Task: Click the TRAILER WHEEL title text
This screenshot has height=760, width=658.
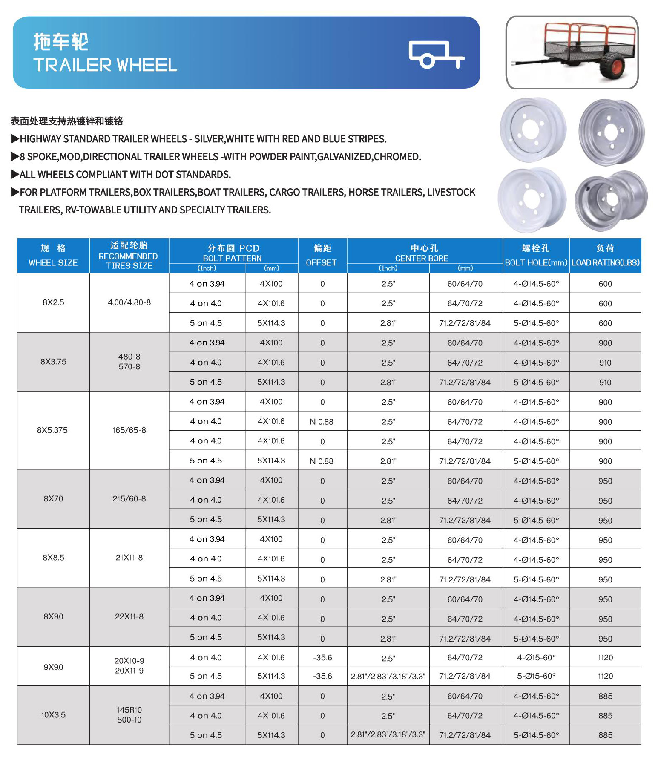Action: [x=105, y=65]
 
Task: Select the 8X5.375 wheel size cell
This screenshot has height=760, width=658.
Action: [x=52, y=430]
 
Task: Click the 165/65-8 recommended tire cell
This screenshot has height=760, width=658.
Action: [x=129, y=430]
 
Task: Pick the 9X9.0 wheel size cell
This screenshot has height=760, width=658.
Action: [x=53, y=667]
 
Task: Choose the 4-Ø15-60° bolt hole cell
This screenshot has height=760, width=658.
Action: [x=536, y=658]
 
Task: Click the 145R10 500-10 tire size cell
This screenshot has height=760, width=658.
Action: [x=129, y=715]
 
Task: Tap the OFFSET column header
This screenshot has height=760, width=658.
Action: [x=322, y=256]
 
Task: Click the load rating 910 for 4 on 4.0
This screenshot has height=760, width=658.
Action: [x=605, y=363]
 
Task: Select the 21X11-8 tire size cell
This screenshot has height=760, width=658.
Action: [x=129, y=558]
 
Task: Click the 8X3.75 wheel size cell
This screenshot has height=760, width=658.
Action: [x=53, y=362]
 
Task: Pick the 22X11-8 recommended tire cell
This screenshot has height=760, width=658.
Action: [x=129, y=616]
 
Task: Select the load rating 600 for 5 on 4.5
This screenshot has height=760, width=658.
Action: [x=605, y=323]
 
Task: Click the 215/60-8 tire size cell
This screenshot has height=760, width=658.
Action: [x=129, y=498]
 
